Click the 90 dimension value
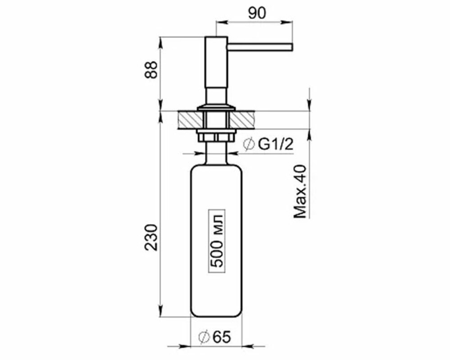pos(257,13)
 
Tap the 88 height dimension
pos(151,70)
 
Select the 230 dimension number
pos(151,238)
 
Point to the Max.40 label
pos(300,191)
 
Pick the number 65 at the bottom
pos(222,337)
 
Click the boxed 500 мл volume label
pos(217,241)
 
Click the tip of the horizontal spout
pos(292,47)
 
